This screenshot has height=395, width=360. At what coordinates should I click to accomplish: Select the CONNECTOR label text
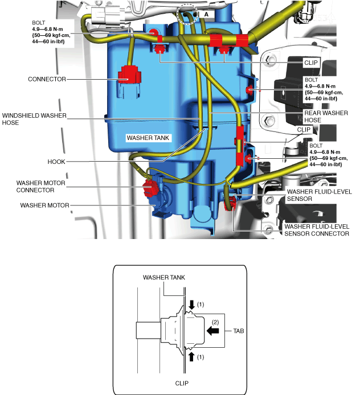[46, 79]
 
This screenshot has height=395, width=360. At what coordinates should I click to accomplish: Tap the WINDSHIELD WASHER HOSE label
[34, 119]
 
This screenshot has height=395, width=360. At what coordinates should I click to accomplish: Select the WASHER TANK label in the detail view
[163, 277]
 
